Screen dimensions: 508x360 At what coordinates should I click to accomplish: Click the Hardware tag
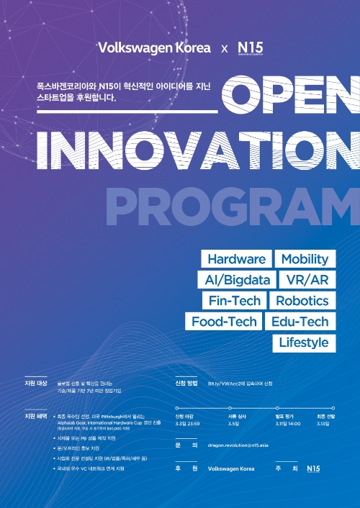[237, 259]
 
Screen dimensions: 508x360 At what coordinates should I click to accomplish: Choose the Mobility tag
[305, 259]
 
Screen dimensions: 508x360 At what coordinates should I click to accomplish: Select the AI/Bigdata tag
[228, 280]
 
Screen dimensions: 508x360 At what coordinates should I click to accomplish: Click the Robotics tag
[302, 301]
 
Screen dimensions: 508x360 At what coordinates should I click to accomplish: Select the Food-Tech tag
[224, 322]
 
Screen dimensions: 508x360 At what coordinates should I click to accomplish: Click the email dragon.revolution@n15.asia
[238, 445]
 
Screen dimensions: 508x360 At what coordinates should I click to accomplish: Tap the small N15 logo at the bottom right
[312, 468]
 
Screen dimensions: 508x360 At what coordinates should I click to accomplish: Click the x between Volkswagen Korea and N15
[224, 49]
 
